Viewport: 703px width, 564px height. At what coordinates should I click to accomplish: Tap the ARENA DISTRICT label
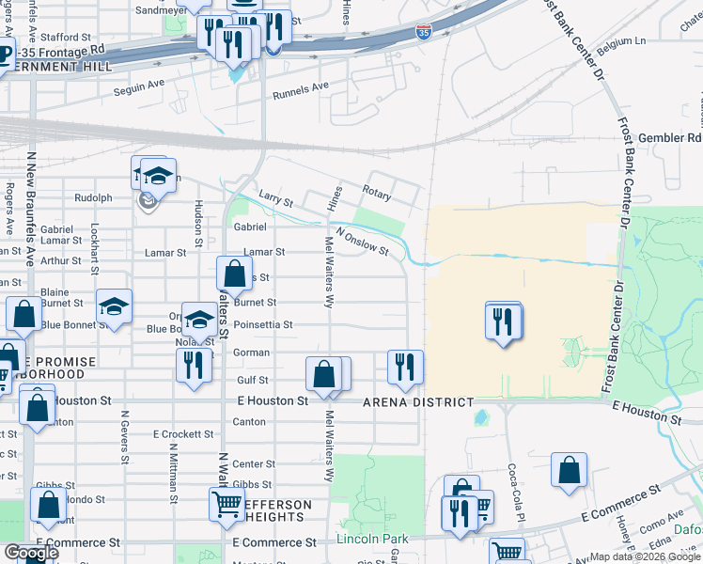click(x=418, y=402)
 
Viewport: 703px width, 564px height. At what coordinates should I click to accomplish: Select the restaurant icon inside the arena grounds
click(x=504, y=322)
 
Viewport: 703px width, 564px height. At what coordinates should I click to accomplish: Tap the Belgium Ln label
click(x=628, y=42)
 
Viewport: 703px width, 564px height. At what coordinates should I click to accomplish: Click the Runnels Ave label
click(x=301, y=91)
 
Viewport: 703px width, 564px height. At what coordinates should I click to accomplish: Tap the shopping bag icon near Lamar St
click(x=234, y=275)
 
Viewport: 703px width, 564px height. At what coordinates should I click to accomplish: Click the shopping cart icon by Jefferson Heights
click(x=227, y=505)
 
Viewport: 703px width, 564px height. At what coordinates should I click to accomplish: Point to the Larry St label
click(x=276, y=201)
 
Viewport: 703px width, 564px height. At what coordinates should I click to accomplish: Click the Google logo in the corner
click(x=31, y=553)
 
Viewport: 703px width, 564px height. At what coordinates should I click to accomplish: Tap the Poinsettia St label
click(x=263, y=325)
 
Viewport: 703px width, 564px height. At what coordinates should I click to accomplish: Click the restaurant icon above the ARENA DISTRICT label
click(x=405, y=367)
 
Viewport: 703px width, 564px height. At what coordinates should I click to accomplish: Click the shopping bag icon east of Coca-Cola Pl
click(x=570, y=473)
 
